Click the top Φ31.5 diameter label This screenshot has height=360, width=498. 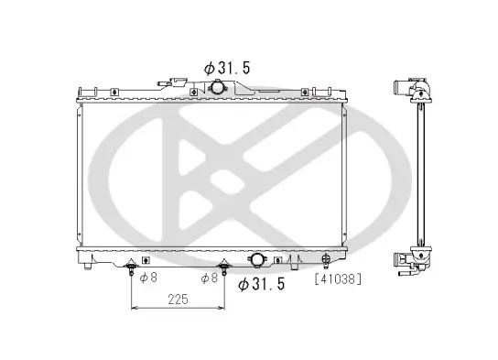[229, 68]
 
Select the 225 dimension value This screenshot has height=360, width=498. [179, 299]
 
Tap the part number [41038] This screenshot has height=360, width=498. [338, 277]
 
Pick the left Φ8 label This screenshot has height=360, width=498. [149, 277]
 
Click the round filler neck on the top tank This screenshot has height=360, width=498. [218, 87]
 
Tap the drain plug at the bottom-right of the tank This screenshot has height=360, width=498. [326, 266]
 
